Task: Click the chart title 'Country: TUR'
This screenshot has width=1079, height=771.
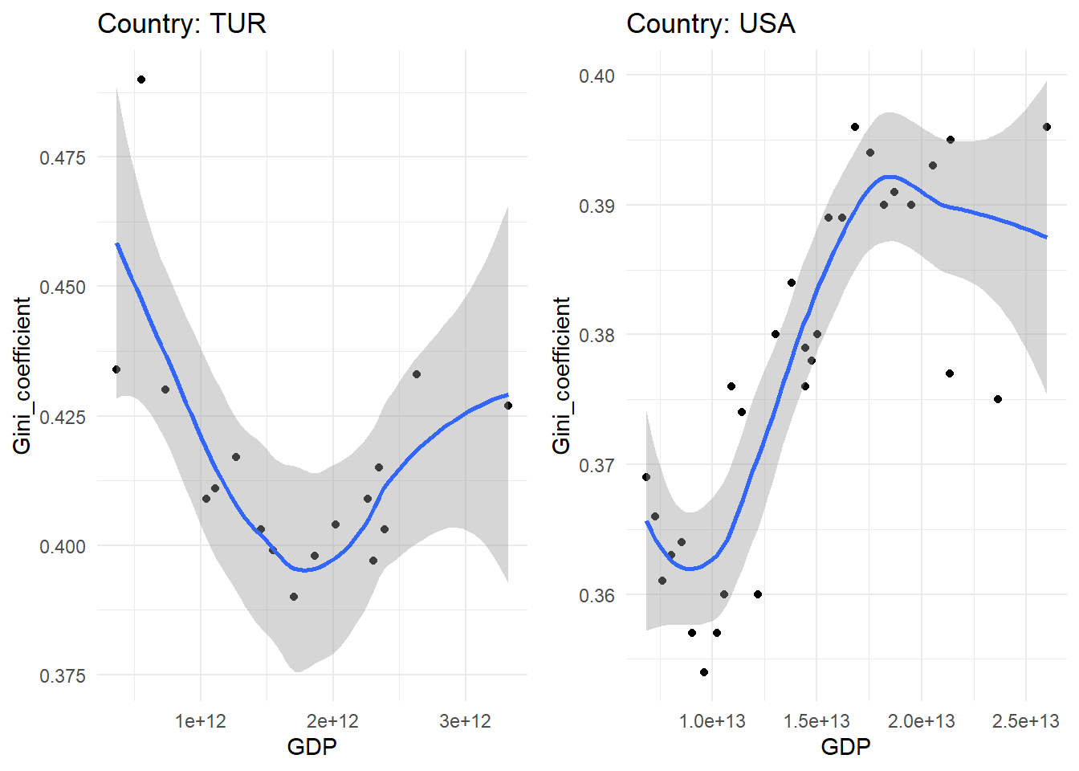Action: point(181,23)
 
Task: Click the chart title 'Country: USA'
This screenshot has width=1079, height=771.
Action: point(711,23)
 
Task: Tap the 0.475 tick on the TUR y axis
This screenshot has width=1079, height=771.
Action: point(63,157)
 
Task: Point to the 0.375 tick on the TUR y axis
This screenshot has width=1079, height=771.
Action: point(63,676)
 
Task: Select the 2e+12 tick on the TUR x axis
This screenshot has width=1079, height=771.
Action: point(332,721)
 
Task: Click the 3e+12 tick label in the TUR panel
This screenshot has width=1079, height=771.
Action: point(465,721)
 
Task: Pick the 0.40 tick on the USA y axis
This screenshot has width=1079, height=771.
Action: point(597,75)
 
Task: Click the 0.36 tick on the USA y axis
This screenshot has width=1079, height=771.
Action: point(597,595)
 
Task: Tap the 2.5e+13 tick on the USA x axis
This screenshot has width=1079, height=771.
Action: point(1025,721)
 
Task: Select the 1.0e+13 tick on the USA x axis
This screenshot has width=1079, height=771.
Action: point(712,721)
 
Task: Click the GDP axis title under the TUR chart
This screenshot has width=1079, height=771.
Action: point(311,748)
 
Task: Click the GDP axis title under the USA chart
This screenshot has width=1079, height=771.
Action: point(845,748)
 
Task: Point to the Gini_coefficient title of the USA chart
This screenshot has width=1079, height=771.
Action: point(562,375)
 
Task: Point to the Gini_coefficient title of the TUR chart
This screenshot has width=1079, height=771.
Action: point(22,375)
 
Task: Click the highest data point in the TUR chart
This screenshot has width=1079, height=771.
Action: point(141,80)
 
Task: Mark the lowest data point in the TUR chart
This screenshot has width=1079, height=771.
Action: point(294,597)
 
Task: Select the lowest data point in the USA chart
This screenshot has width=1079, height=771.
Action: point(704,672)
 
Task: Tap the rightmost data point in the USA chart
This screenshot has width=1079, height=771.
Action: point(1047,127)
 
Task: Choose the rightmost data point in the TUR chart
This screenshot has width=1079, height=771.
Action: point(508,406)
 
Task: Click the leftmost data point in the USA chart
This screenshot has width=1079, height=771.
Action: point(646,477)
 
